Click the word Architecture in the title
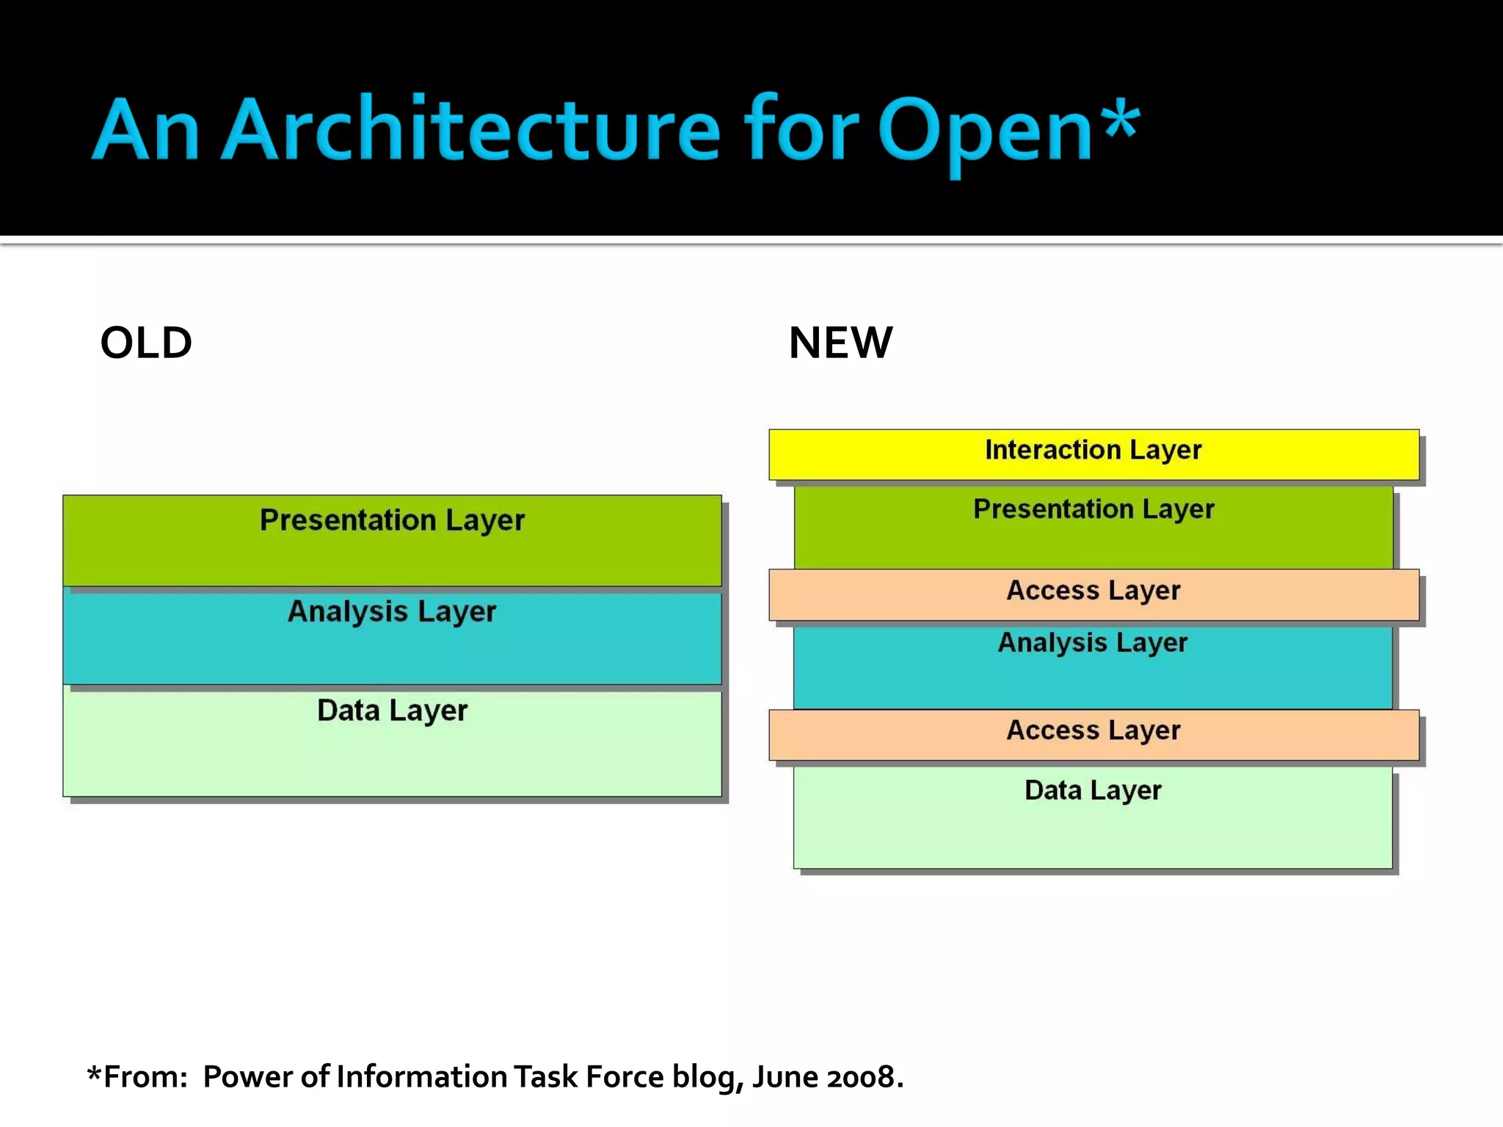pyautogui.click(x=470, y=130)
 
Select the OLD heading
pyautogui.click(x=146, y=343)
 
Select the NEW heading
pyautogui.click(x=840, y=343)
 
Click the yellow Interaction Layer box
pyautogui.click(x=1093, y=453)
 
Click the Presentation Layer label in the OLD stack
pyautogui.click(x=392, y=520)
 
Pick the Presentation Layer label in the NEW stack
pyautogui.click(x=1093, y=509)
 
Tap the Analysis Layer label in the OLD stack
pyautogui.click(x=392, y=612)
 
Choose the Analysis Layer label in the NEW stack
pyautogui.click(x=1092, y=643)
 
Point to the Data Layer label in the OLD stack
pyautogui.click(x=392, y=710)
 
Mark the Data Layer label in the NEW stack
pyautogui.click(x=1092, y=790)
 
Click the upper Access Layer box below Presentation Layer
pyautogui.click(x=1093, y=594)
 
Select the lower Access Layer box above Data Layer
pyautogui.click(x=1093, y=734)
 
